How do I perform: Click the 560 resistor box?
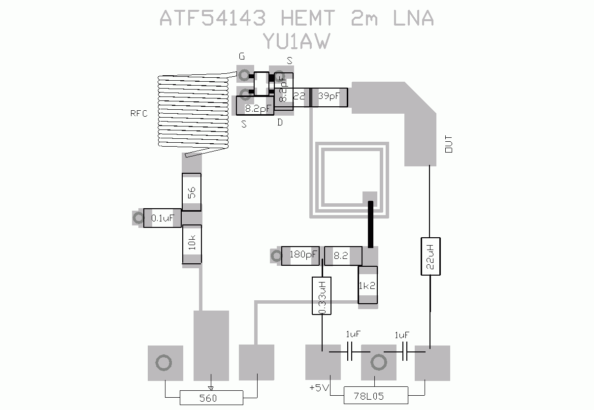coord(211,398)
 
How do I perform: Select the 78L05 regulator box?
coord(376,395)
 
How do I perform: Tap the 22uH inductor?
coord(430,256)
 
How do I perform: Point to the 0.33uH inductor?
coord(322,296)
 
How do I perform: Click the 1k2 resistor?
coord(367,285)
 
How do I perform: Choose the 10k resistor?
coord(192,245)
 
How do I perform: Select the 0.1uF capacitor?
coord(163,218)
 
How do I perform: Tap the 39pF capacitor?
coord(329,97)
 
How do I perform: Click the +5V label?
coord(319,388)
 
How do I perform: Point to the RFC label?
coord(139,114)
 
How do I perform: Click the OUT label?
coord(449,144)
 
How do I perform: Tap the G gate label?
coord(241,57)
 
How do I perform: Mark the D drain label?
coord(280,123)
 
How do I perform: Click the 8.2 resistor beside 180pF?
coord(341,255)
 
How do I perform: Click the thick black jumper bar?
coord(370,224)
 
